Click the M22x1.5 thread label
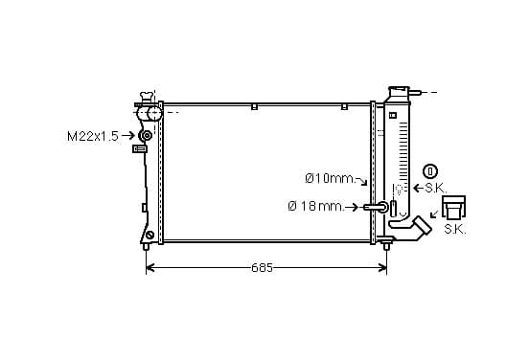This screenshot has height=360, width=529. pyautogui.click(x=93, y=136)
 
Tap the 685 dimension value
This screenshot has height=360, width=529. pyautogui.click(x=262, y=268)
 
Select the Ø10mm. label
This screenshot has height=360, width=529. pyautogui.click(x=330, y=178)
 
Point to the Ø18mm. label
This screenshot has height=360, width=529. pyautogui.click(x=315, y=206)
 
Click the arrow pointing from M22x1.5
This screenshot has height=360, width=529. pyautogui.click(x=128, y=136)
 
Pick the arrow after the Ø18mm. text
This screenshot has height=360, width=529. pyautogui.click(x=352, y=207)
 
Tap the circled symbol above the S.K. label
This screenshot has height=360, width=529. pyautogui.click(x=430, y=171)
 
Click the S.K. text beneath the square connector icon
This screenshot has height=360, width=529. pyautogui.click(x=455, y=229)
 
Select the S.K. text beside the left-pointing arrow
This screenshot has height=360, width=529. pyautogui.click(x=435, y=188)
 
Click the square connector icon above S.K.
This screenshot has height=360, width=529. pyautogui.click(x=454, y=207)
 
